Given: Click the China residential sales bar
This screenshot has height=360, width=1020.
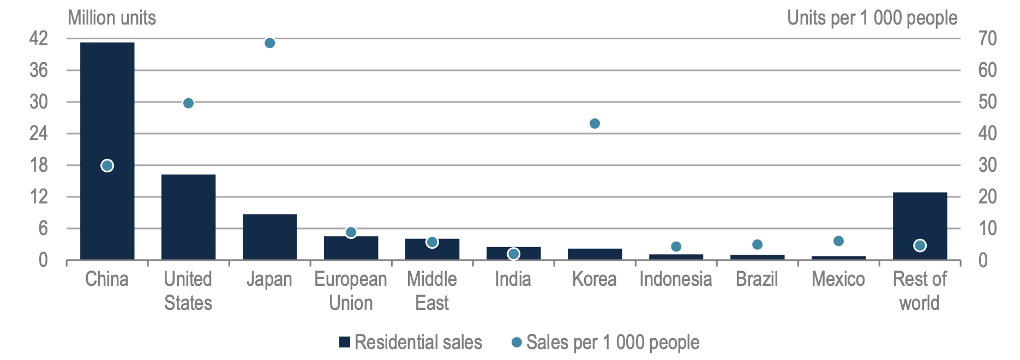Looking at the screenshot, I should (107, 109).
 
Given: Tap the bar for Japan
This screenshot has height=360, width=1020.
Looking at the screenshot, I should (269, 237).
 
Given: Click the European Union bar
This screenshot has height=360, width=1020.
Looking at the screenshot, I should (351, 248).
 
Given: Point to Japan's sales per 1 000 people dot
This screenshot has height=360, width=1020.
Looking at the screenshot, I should (269, 43).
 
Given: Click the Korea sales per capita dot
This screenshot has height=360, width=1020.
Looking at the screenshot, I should (595, 124).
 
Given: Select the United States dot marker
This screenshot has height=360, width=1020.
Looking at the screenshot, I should (188, 103).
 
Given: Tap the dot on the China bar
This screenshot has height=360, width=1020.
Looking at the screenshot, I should (107, 166).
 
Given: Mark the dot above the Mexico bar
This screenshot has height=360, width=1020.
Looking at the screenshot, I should (838, 241).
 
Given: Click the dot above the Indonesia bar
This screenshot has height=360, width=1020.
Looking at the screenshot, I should (676, 247).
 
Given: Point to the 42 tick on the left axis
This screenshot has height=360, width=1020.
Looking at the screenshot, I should (39, 39).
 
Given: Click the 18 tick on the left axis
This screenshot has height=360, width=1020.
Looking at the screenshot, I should (39, 165).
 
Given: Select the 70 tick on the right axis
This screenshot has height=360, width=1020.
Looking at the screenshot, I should (987, 39).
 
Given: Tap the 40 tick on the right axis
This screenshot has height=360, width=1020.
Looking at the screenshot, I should (987, 134).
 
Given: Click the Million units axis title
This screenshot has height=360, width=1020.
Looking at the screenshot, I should (112, 18).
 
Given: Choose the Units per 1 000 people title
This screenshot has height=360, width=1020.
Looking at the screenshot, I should (872, 18).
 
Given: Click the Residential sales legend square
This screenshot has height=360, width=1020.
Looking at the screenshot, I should (345, 342).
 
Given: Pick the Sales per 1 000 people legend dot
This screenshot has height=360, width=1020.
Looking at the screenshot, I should (517, 342).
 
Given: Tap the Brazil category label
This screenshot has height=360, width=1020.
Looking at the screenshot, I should (757, 279).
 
